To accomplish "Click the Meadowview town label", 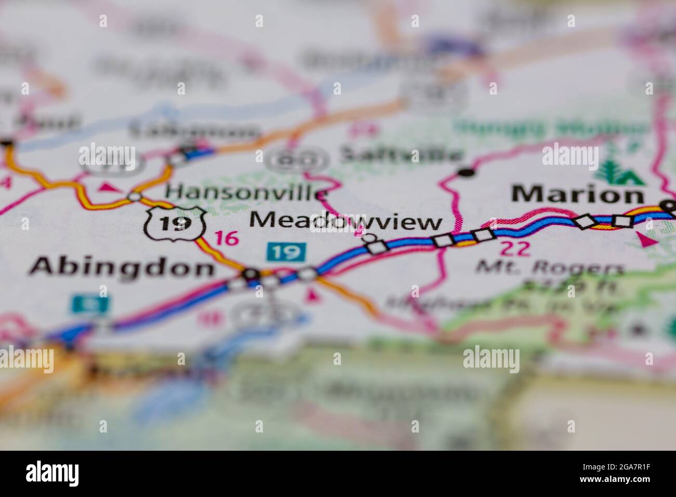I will click(346, 221).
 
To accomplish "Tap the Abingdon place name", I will click(122, 268).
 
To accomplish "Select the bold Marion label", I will click(577, 195).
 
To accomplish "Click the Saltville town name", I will click(400, 154).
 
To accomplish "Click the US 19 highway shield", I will click(174, 223).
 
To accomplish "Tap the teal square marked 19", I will click(286, 252).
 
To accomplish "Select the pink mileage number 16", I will click(227, 239).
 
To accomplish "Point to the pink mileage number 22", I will click(516, 248).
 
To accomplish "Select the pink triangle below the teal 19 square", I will click(312, 296).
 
